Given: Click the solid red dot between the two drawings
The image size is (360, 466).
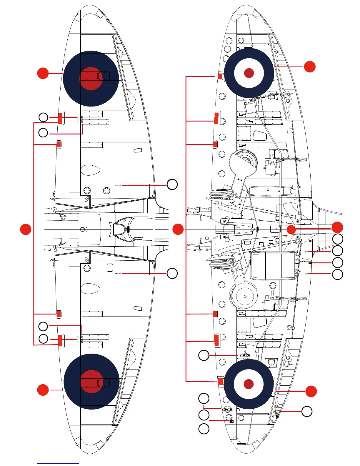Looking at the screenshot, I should [x=178, y=229].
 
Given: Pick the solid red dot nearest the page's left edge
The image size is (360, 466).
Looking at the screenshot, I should [x=26, y=229].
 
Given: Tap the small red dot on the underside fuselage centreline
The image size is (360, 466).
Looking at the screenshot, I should [x=291, y=229].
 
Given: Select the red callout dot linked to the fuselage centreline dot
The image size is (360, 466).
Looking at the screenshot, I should [x=337, y=227].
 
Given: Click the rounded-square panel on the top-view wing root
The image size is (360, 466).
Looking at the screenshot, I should [x=110, y=267].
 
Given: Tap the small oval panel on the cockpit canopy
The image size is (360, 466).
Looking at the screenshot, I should [x=138, y=238].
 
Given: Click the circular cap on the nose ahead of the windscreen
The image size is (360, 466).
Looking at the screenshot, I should [x=83, y=229].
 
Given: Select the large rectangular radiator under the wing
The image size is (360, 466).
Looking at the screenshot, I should [x=273, y=266].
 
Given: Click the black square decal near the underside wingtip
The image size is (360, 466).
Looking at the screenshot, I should [x=232, y=422].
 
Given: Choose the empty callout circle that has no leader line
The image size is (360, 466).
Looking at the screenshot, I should [x=204, y=429].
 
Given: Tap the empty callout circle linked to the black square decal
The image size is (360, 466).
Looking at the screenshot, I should [x=204, y=415].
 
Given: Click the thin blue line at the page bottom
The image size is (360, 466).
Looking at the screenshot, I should [x=58, y=463].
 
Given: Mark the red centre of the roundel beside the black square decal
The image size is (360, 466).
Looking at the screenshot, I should [x=249, y=384].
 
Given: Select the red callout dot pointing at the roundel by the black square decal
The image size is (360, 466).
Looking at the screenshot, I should [x=311, y=391].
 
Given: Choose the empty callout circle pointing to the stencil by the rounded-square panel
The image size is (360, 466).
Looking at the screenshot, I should [x=172, y=273].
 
